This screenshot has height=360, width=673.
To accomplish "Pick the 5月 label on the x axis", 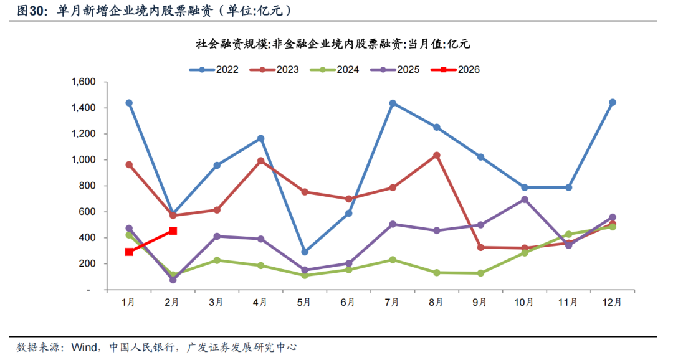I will pos(304,303).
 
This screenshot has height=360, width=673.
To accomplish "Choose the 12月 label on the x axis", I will pos(612,303).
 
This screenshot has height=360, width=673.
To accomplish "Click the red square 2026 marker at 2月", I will pos(173,231).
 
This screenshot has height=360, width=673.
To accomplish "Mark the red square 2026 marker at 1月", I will pos(129,252).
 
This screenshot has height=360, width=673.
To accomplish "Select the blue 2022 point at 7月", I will pos(393,103).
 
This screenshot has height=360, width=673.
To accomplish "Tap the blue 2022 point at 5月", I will pos(305,252).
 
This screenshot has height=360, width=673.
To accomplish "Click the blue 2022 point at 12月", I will pos(613,102).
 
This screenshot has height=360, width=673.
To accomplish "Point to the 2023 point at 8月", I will pos(437,155).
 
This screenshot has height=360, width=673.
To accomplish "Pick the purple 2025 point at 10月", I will pos(525,199).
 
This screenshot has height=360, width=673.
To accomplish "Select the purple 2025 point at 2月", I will pos(173,280).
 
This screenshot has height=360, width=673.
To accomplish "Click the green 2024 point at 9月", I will pos(480,273).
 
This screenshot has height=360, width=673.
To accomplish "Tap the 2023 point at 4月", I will pos(260,161).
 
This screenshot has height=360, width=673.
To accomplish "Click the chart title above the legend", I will pos(332,44).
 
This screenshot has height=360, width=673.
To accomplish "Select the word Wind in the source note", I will pos(83,347).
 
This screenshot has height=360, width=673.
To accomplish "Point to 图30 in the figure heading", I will pos(30,11).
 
